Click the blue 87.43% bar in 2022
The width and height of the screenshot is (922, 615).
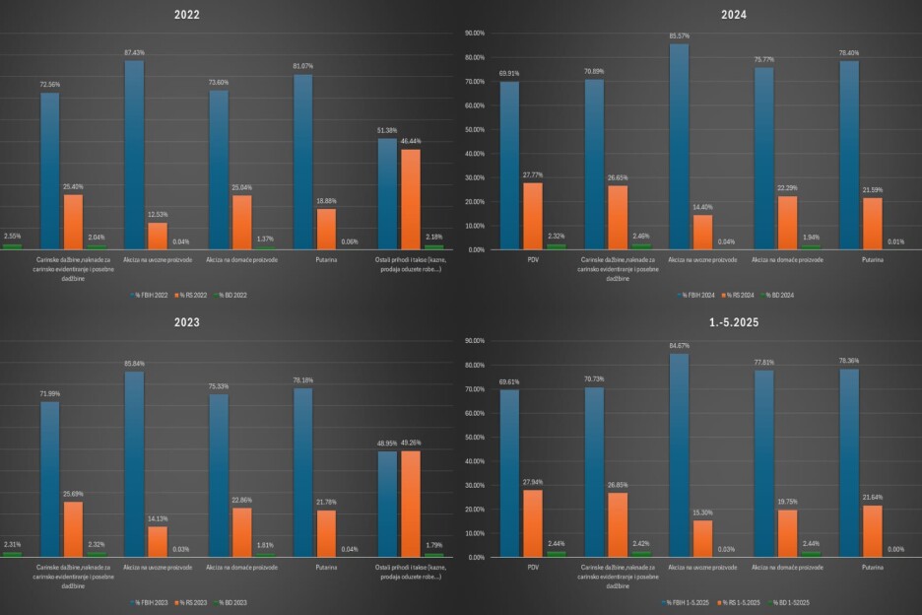click(134, 154)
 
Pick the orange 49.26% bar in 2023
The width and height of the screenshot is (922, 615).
click(411, 503)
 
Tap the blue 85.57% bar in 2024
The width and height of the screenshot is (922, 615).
click(680, 148)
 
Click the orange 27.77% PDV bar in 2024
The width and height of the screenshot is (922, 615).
click(533, 217)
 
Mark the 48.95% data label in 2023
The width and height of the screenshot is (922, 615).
click(387, 444)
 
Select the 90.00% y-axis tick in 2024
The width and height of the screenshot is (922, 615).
click(474, 34)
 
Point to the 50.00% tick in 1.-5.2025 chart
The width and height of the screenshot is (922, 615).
click(474, 437)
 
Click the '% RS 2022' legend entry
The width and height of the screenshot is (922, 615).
click(187, 295)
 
